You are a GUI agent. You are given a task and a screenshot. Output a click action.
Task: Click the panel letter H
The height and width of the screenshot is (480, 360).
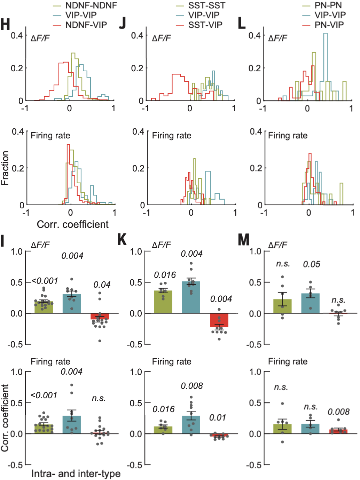click(5, 25)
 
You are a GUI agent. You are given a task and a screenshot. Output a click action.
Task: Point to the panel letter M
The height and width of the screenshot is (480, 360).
click(243, 240)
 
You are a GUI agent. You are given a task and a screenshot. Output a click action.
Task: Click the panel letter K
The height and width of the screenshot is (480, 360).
click(122, 240)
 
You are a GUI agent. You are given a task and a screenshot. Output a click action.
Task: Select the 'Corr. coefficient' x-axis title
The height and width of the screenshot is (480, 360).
click(72, 224)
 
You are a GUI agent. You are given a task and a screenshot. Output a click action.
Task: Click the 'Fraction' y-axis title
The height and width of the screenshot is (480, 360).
click(5, 168)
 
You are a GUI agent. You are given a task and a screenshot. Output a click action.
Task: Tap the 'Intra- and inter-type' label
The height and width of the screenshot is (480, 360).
click(76, 474)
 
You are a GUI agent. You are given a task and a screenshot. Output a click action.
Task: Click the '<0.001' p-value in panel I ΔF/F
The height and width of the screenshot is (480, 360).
click(45, 281)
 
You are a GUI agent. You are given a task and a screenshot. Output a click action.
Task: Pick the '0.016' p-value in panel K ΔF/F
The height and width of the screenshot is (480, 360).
click(165, 275)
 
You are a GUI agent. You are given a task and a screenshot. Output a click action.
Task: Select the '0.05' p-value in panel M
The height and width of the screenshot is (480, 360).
click(311, 264)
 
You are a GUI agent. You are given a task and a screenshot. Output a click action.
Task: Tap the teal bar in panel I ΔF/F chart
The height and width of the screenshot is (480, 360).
click(72, 303)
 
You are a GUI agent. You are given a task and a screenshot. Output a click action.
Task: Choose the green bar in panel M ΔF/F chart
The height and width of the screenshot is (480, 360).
click(282, 306)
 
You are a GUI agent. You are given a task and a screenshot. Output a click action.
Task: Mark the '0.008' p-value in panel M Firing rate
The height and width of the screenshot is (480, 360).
click(338, 412)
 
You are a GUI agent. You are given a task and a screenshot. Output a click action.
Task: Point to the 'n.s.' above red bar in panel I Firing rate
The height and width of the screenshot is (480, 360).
click(99, 398)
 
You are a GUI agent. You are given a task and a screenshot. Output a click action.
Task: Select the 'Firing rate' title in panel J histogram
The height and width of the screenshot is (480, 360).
click(172, 136)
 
